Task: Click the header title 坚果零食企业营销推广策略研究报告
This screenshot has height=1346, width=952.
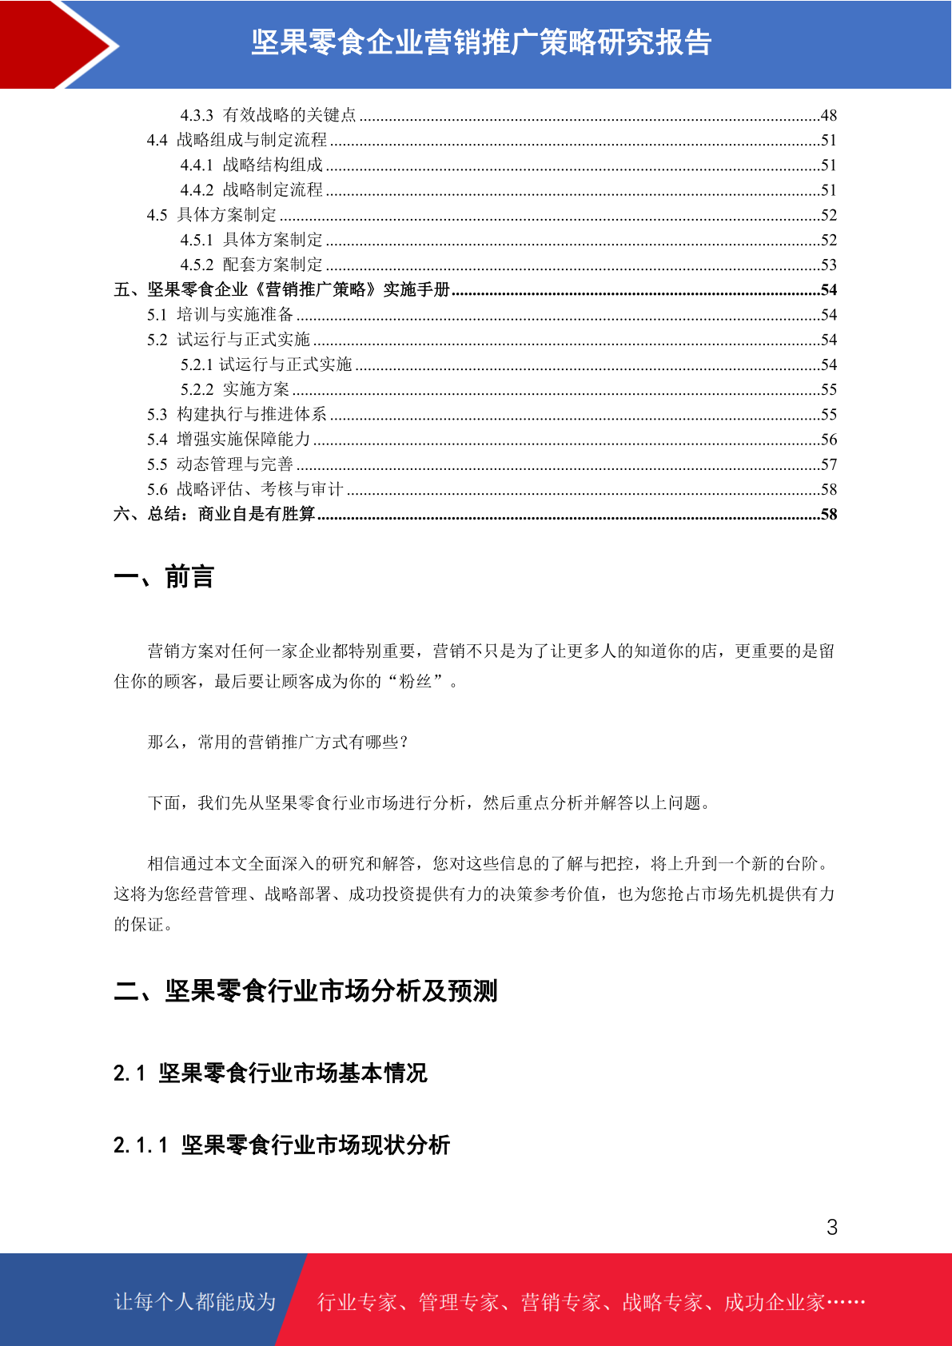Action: pyautogui.click(x=481, y=42)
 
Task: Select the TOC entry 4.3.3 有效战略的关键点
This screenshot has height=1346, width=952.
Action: pyautogui.click(x=268, y=115)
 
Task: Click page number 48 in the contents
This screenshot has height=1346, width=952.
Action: pyautogui.click(x=828, y=116)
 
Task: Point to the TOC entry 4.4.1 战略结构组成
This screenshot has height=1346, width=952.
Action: pyautogui.click(x=251, y=165)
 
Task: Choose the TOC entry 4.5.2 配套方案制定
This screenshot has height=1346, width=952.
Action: pyautogui.click(x=251, y=265)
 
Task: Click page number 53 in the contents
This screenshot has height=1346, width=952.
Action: pyautogui.click(x=828, y=265)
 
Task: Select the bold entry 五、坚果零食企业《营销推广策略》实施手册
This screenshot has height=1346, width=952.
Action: pyautogui.click(x=282, y=289)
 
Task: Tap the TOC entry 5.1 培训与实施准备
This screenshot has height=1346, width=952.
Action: pyautogui.click(x=220, y=315)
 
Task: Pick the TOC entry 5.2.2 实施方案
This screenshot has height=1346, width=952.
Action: pyautogui.click(x=234, y=389)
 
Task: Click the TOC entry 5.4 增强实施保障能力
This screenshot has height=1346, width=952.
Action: pyautogui.click(x=228, y=440)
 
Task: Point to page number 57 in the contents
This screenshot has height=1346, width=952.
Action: pyautogui.click(x=828, y=464)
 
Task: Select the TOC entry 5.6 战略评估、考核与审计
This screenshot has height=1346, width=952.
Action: pyautogui.click(x=245, y=489)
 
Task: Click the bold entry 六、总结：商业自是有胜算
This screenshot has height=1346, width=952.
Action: pyautogui.click(x=214, y=514)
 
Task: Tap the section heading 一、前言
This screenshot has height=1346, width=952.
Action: pyautogui.click(x=164, y=576)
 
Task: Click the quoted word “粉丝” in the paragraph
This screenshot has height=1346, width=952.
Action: pyautogui.click(x=415, y=681)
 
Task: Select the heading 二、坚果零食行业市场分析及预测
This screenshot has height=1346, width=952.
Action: pyautogui.click(x=305, y=991)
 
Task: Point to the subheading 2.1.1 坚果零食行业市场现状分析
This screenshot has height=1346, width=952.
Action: pyautogui.click(x=281, y=1145)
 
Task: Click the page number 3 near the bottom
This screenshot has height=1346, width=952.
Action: pyautogui.click(x=831, y=1227)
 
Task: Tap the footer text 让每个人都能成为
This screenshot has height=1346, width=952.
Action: pyautogui.click(x=195, y=1302)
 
